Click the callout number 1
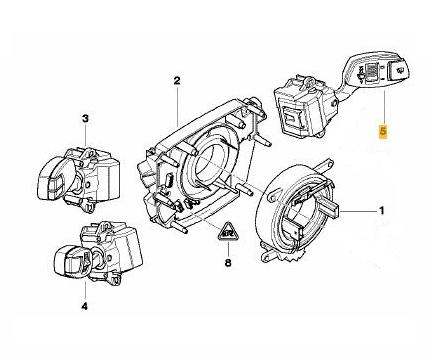point(382,211)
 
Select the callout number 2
point(177,81)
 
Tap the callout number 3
point(86,118)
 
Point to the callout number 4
point(85,306)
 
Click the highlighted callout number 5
point(383,131)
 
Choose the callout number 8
point(228,263)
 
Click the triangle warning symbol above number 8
point(228,231)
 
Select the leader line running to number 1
point(358,212)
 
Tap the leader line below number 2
point(177,106)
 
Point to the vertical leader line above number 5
point(383,107)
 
